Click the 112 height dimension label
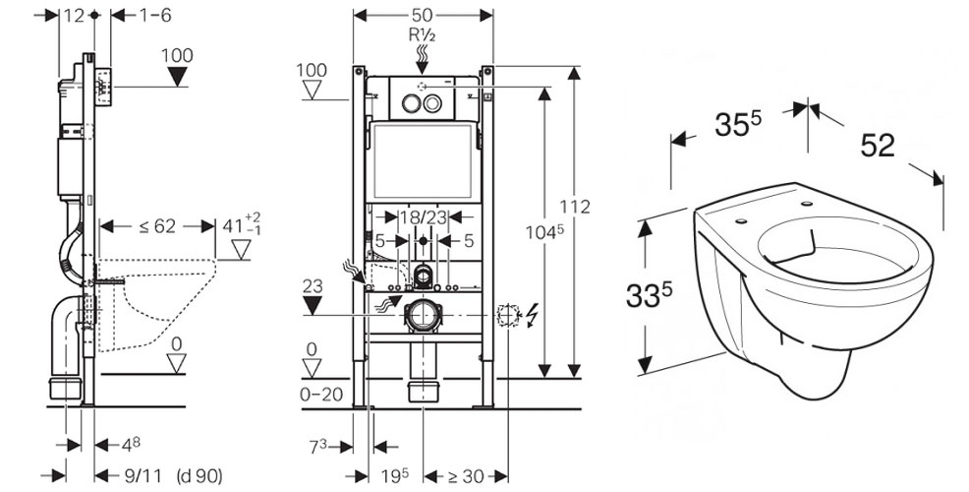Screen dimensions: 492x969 (577, 206)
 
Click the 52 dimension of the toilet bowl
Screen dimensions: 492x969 (878, 145)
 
